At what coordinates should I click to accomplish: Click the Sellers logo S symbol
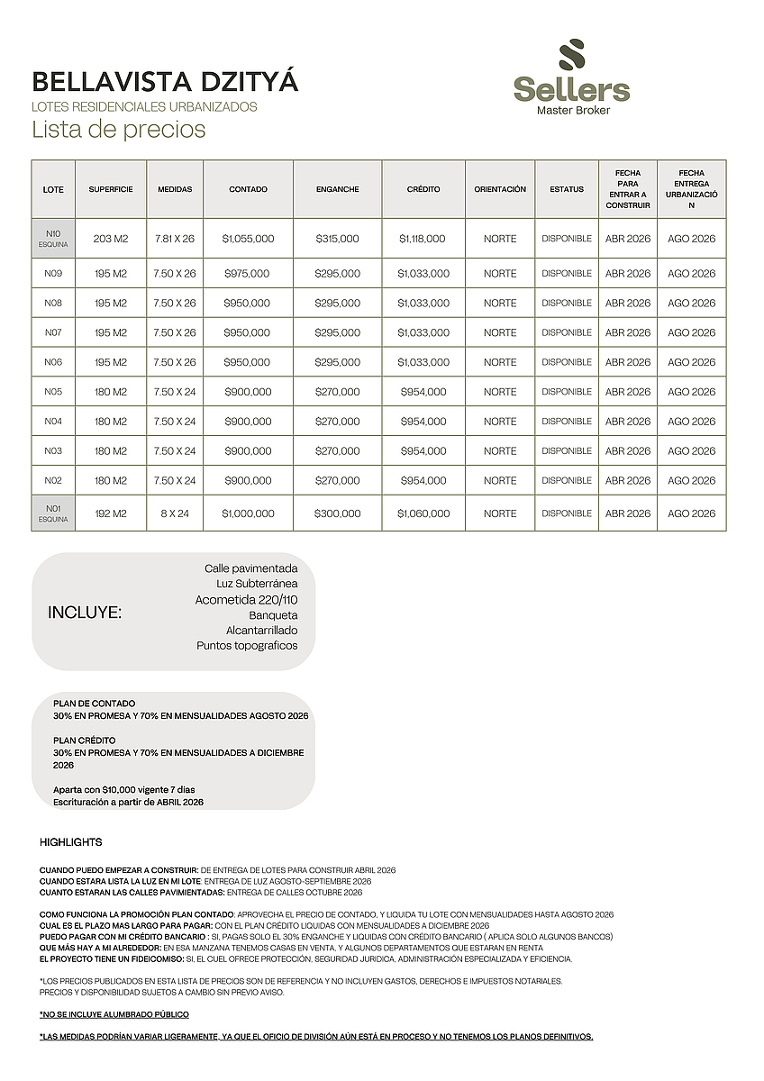point(571,58)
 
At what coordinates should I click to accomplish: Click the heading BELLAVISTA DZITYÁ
point(165,83)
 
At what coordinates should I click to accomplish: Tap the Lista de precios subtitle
point(119,130)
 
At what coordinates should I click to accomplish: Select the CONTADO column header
point(248,189)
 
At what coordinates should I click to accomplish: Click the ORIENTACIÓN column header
point(500,189)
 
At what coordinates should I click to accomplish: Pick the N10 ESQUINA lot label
point(53,239)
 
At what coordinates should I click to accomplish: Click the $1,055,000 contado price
point(248,239)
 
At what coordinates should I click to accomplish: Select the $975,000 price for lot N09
point(247,273)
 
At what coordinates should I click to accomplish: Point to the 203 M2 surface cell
point(111,239)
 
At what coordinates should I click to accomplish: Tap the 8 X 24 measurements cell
point(175,513)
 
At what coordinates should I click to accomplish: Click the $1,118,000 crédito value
point(423,239)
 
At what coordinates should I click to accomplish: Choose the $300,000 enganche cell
point(337,513)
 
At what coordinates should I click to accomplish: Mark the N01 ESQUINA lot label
point(53,513)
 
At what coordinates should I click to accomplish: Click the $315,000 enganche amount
point(337,239)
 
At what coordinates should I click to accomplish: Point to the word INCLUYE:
point(85,613)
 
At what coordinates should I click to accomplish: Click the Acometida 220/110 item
point(246,600)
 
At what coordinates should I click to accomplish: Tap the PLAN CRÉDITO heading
point(85,740)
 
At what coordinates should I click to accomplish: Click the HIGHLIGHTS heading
point(71,842)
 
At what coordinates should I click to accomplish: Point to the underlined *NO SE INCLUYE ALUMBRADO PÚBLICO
point(114,1014)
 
